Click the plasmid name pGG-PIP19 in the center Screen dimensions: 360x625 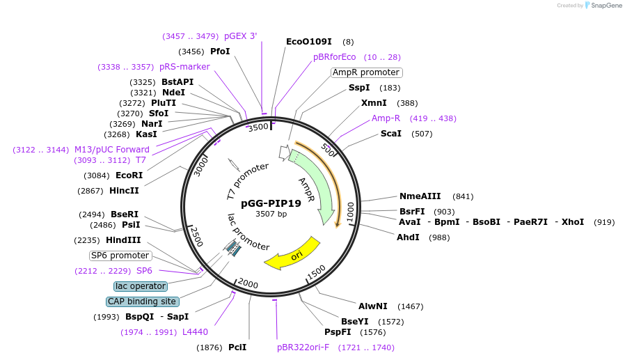tap(271, 203)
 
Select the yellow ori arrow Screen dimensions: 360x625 tap(292, 254)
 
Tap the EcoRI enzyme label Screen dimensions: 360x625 tap(129, 175)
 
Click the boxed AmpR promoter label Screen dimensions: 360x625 tap(366, 72)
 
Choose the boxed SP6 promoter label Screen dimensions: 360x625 tap(120, 256)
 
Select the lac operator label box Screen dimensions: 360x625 tap(141, 286)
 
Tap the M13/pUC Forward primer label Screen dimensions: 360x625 tap(112, 150)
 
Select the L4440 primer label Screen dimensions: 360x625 tap(196, 332)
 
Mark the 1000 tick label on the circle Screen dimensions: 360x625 tap(350, 212)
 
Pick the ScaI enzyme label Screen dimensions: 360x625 tap(391, 134)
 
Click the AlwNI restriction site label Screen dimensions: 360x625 tap(373, 306)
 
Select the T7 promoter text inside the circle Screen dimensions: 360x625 tap(247, 180)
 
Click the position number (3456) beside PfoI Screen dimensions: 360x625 tap(192, 52)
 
